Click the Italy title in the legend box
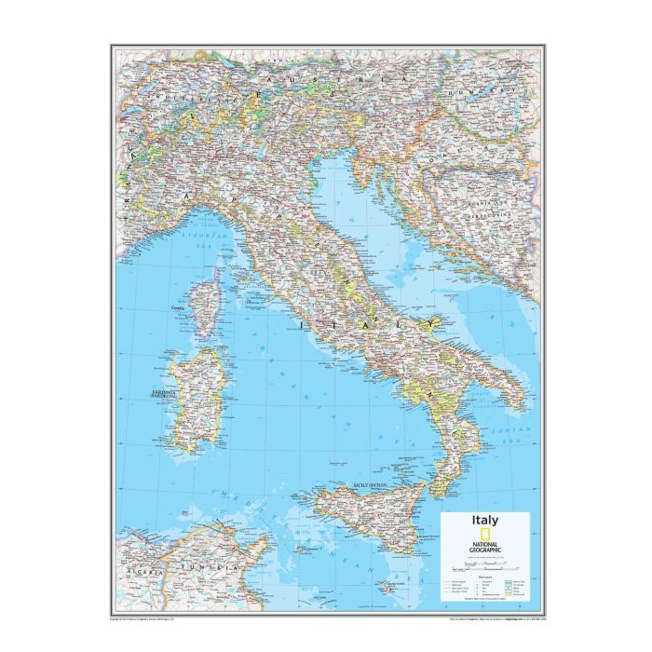tap(484, 521)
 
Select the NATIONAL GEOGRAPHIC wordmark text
tap(487, 541)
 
